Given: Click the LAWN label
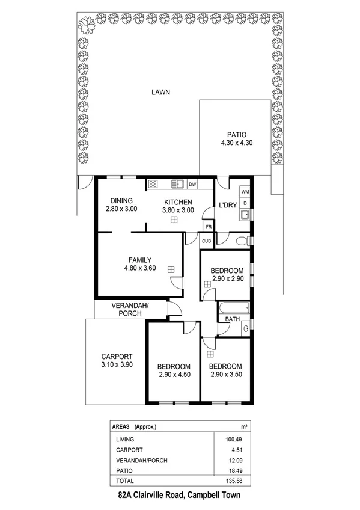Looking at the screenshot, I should pyautogui.click(x=160, y=93).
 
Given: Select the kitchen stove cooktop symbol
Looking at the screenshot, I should pyautogui.click(x=153, y=184).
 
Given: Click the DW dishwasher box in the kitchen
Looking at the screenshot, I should pyautogui.click(x=193, y=184).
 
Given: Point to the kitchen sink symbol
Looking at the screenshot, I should pyautogui.click(x=177, y=184).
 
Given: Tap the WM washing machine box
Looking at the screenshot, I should pyautogui.click(x=245, y=191).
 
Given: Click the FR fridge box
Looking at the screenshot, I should pyautogui.click(x=208, y=227).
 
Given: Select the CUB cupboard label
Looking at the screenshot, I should pyautogui.click(x=206, y=241).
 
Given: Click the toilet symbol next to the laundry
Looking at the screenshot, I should pyautogui.click(x=242, y=242).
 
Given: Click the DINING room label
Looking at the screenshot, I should pyautogui.click(x=121, y=201).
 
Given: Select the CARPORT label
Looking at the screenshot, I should pyautogui.click(x=116, y=355).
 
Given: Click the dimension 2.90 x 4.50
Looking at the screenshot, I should pyautogui.click(x=174, y=375).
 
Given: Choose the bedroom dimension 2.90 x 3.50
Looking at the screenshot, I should pyautogui.click(x=225, y=375).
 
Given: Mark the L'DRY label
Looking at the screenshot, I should pyautogui.click(x=227, y=205).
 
